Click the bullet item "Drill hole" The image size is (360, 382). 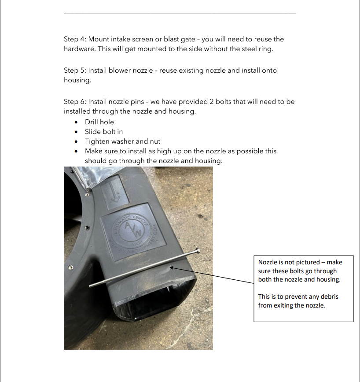(99, 122)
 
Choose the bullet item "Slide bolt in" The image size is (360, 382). (104, 132)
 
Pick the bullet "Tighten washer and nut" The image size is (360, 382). (123, 141)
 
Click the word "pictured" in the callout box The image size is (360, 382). (301, 262)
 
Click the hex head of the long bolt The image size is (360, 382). (198, 251)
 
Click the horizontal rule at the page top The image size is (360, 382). (180, 14)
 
